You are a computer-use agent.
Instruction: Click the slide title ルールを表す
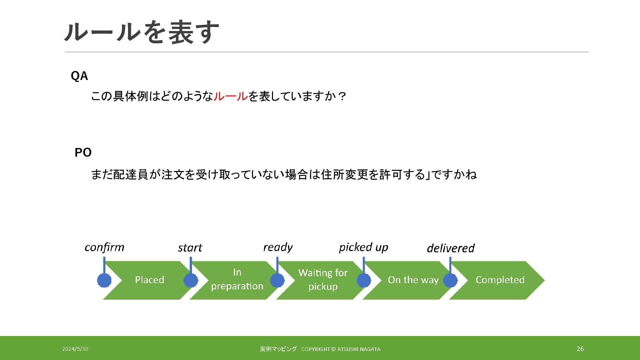142,32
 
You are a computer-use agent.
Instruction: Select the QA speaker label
79,76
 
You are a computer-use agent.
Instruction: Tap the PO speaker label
83,152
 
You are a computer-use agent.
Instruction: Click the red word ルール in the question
230,96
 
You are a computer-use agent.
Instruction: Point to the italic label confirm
104,247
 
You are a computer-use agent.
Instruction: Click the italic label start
190,248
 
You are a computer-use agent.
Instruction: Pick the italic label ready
278,247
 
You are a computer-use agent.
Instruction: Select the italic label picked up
363,247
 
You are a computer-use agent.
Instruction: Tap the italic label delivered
451,248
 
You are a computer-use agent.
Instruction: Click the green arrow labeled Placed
149,280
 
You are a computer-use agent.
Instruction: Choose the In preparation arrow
237,280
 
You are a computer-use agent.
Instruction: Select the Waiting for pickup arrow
323,280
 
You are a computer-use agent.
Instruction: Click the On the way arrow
413,280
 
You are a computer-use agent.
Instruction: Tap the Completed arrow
500,280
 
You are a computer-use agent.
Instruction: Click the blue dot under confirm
104,280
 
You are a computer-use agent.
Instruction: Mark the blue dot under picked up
364,280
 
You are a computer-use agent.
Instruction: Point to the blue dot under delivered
450,280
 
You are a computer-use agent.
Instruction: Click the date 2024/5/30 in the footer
75,349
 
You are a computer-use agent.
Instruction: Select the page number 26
580,349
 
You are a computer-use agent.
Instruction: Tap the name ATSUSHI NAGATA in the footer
359,349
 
